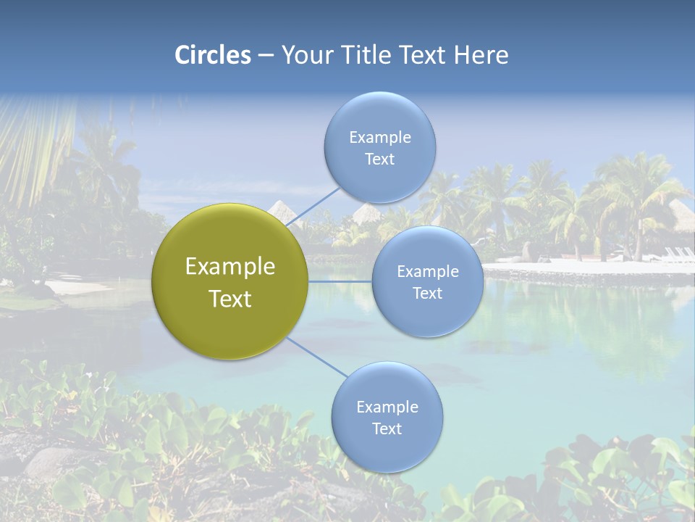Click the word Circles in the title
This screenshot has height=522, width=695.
coord(212,55)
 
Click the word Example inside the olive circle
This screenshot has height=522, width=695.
coord(230,266)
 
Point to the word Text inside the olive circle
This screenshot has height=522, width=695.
coord(230,299)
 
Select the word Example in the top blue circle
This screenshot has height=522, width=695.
coord(380,137)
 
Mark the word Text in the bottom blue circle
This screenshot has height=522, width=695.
coord(387,428)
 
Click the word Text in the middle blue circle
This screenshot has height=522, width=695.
coord(428,293)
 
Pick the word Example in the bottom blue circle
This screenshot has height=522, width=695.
coord(387,407)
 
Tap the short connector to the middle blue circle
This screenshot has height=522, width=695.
coord(340,281)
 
